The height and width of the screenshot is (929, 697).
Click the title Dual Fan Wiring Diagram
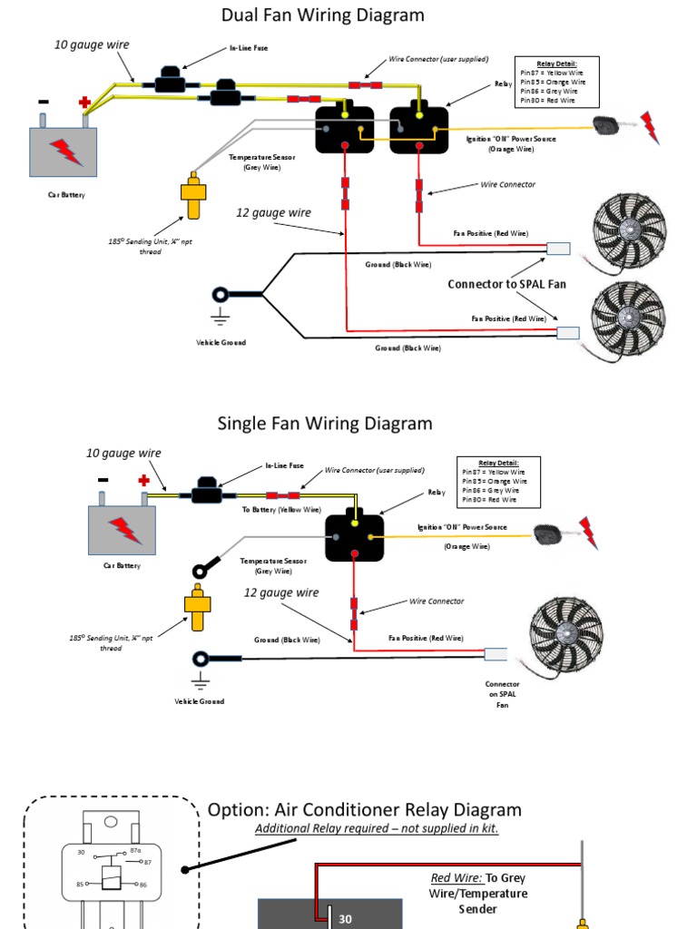coord(323,15)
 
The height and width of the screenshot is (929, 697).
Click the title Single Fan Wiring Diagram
coord(325,424)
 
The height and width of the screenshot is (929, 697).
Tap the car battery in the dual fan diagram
coord(64,151)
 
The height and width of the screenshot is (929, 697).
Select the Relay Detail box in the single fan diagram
coord(498,481)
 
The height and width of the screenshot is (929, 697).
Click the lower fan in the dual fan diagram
coord(629,318)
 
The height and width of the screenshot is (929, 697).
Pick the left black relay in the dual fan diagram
coord(345,130)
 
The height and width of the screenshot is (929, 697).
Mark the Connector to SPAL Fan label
coord(506,284)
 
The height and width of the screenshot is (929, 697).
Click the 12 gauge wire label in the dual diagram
coord(273,213)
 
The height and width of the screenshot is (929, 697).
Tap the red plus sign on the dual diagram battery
coord(84,103)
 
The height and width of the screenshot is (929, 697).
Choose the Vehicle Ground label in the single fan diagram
coord(199,701)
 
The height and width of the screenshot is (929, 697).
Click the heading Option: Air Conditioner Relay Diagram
coord(365,810)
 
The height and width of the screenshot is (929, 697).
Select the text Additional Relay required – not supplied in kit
coord(377,829)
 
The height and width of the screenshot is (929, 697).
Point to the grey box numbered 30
coord(330,914)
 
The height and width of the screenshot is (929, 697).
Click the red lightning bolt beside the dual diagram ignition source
coord(650,127)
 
